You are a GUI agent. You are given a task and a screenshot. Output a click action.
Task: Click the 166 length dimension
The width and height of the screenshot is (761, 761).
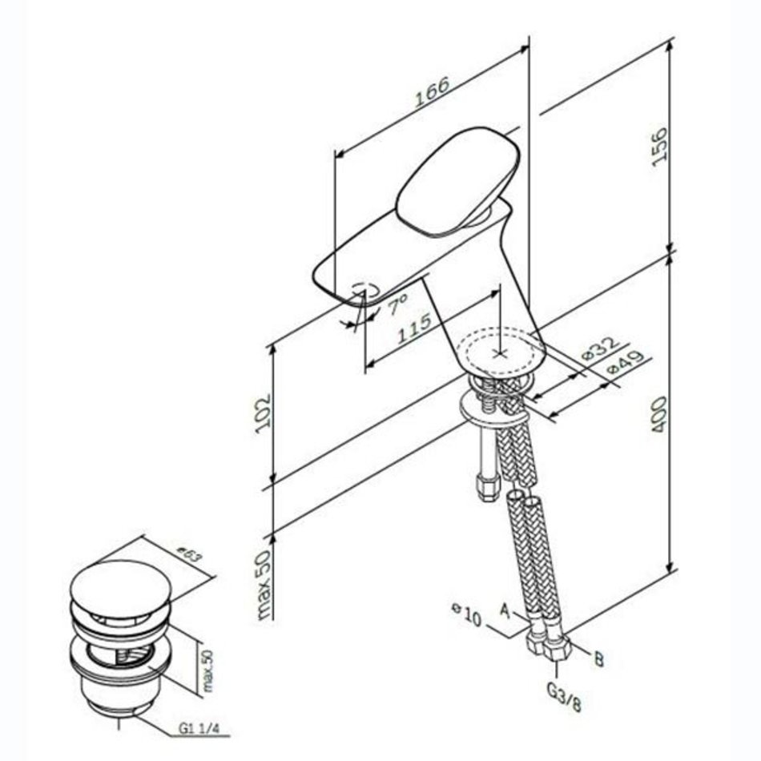(x=432, y=91)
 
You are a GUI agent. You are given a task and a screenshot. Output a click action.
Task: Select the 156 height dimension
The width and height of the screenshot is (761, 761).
(x=659, y=147)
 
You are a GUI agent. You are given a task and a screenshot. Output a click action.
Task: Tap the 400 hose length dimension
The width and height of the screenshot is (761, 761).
(x=658, y=415)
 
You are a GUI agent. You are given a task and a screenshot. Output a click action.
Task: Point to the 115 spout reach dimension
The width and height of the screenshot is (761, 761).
(x=414, y=328)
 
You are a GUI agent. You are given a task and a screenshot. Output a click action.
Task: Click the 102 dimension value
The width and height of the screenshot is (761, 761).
(x=263, y=413)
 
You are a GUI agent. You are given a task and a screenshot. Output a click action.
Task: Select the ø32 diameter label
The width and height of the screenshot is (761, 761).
(x=600, y=348)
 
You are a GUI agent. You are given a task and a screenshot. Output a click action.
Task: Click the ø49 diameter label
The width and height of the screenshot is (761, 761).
(x=626, y=362)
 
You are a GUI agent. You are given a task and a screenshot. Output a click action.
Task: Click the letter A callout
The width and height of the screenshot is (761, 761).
(x=505, y=610)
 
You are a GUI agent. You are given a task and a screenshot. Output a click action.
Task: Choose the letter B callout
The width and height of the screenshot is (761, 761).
(x=599, y=659)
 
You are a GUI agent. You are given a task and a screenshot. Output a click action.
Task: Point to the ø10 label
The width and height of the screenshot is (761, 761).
(x=466, y=614)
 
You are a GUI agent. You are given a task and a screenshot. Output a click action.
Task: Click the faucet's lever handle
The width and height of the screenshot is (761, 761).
(x=457, y=183)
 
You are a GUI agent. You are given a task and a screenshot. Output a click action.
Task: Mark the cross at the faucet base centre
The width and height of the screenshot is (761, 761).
(x=499, y=352)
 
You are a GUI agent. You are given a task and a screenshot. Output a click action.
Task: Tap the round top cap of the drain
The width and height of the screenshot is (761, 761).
(x=121, y=588)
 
